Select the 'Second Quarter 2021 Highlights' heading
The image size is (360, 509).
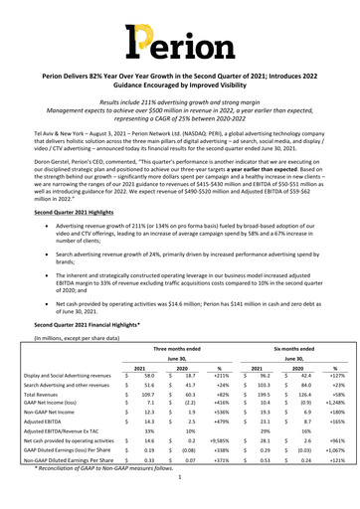pyautogui.click(x=75, y=215)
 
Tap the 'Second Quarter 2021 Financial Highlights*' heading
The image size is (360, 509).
pyautogui.click(x=90, y=325)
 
